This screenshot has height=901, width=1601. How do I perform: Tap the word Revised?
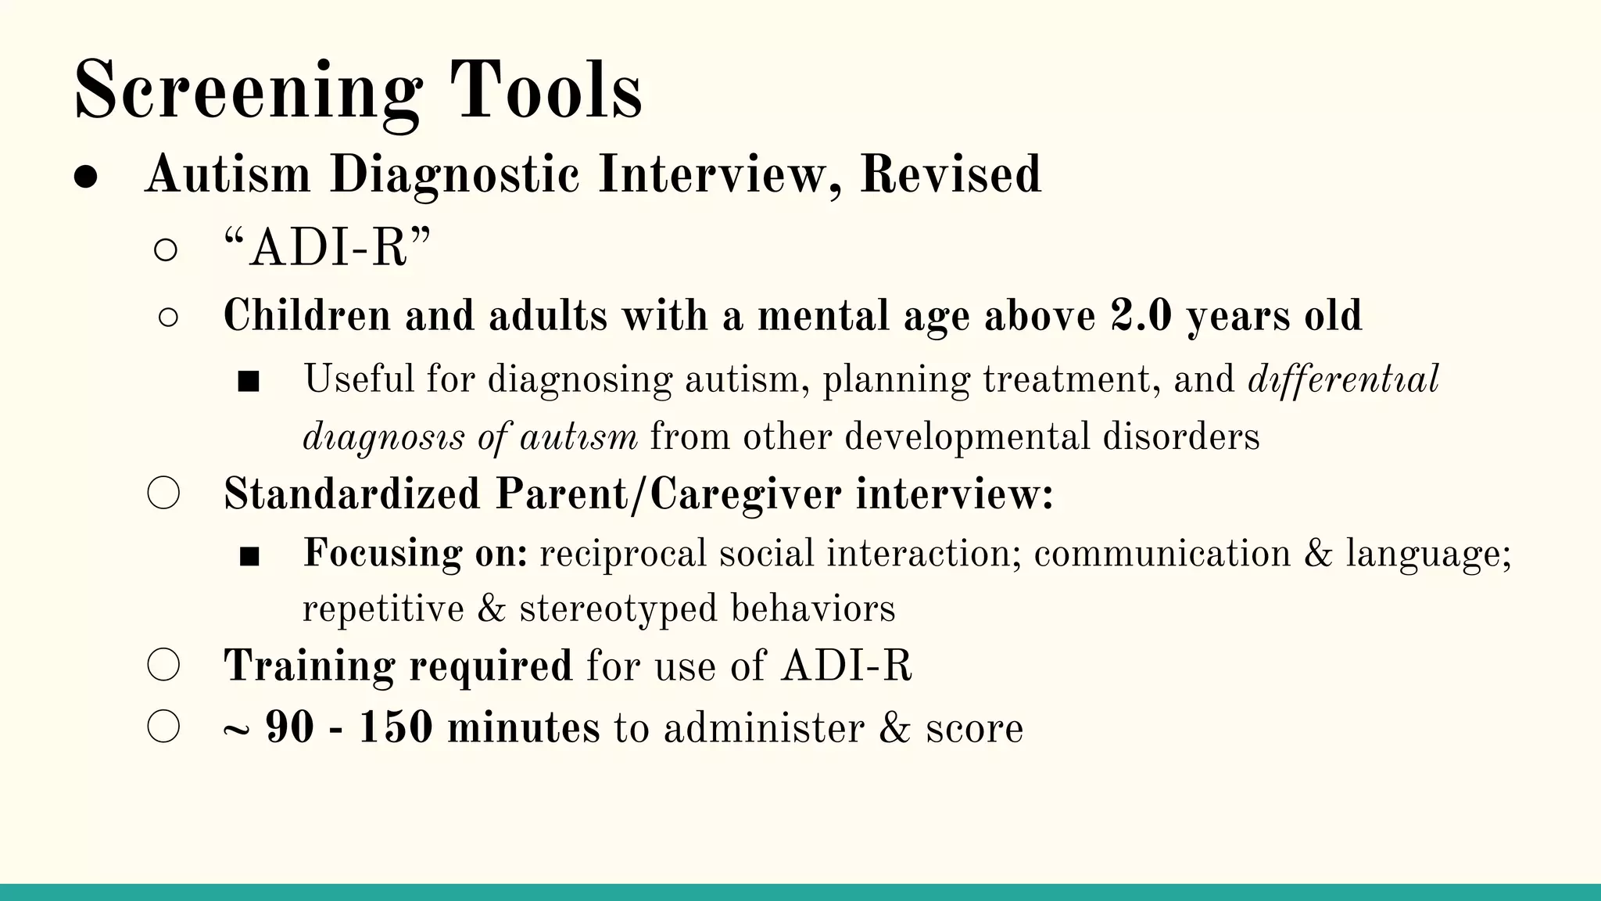tap(951, 174)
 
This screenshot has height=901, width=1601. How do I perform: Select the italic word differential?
tap(1343, 380)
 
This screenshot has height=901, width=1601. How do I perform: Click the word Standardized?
tap(352, 494)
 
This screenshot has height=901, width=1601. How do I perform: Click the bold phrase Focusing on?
tap(415, 553)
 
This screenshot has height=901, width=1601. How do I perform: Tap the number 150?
tap(395, 727)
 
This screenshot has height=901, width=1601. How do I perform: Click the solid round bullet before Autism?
tap(85, 177)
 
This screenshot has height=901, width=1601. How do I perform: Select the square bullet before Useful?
tap(249, 382)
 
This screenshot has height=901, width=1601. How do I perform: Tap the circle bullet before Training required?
tap(163, 666)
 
